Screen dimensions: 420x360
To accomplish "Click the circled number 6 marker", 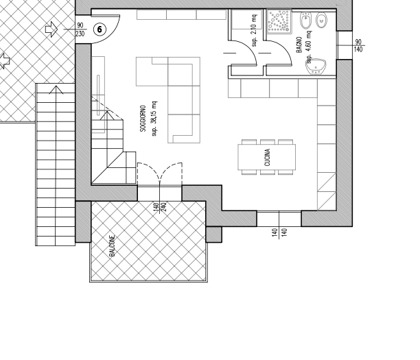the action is pos(100,29).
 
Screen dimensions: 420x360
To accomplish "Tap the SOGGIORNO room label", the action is pos(143,119).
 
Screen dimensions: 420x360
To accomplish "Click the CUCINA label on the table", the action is pos(267,158).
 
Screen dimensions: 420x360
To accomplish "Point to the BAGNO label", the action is pos(299,45).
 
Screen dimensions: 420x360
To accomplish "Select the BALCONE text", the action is pos(113,246).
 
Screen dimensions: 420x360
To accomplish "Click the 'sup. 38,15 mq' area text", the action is pos(154,119).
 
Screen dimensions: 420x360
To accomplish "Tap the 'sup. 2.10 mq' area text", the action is pos(254,30).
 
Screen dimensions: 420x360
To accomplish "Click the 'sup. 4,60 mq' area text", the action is pos(309,47).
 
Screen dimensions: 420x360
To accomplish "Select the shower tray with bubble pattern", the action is pos(279,21).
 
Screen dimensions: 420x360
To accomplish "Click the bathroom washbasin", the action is pos(316,67).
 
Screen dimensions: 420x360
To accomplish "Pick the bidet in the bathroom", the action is pos(305,21).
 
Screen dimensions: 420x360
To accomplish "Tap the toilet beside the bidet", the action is pos(321,21).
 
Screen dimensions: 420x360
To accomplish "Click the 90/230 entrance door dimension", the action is pos(80,29).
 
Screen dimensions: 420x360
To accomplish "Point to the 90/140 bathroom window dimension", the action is pos(358,45).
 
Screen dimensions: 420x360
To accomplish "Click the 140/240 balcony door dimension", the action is pos(160,207).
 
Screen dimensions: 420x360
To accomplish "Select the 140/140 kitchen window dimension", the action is pos(279,232).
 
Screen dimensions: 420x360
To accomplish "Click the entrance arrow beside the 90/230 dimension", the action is pos(51,29).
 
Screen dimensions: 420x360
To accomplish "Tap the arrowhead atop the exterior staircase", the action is pos(56,90).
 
